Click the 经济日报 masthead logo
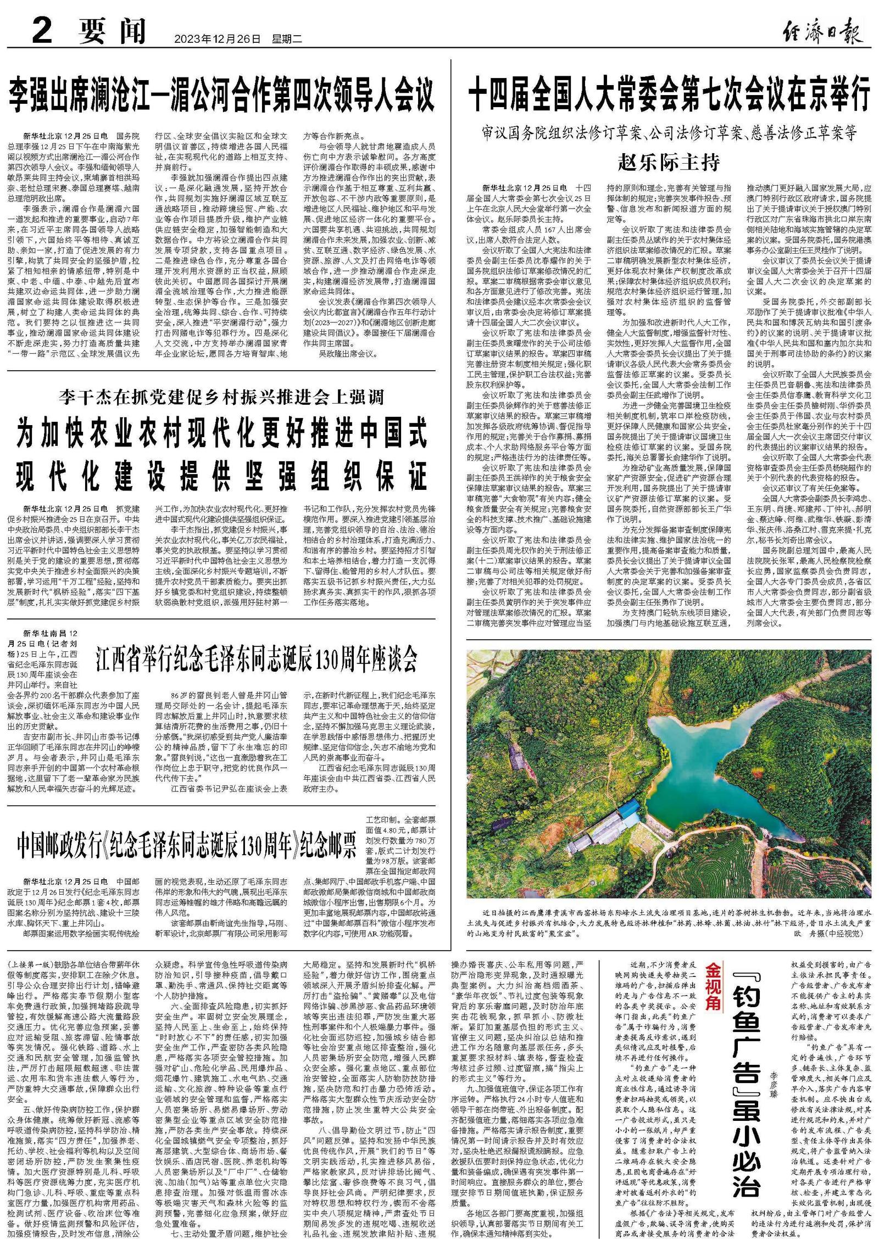coord(822,32)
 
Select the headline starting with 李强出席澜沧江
coord(221,94)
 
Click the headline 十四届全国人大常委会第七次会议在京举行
coord(669,94)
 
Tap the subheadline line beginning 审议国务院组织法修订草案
coord(669,133)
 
